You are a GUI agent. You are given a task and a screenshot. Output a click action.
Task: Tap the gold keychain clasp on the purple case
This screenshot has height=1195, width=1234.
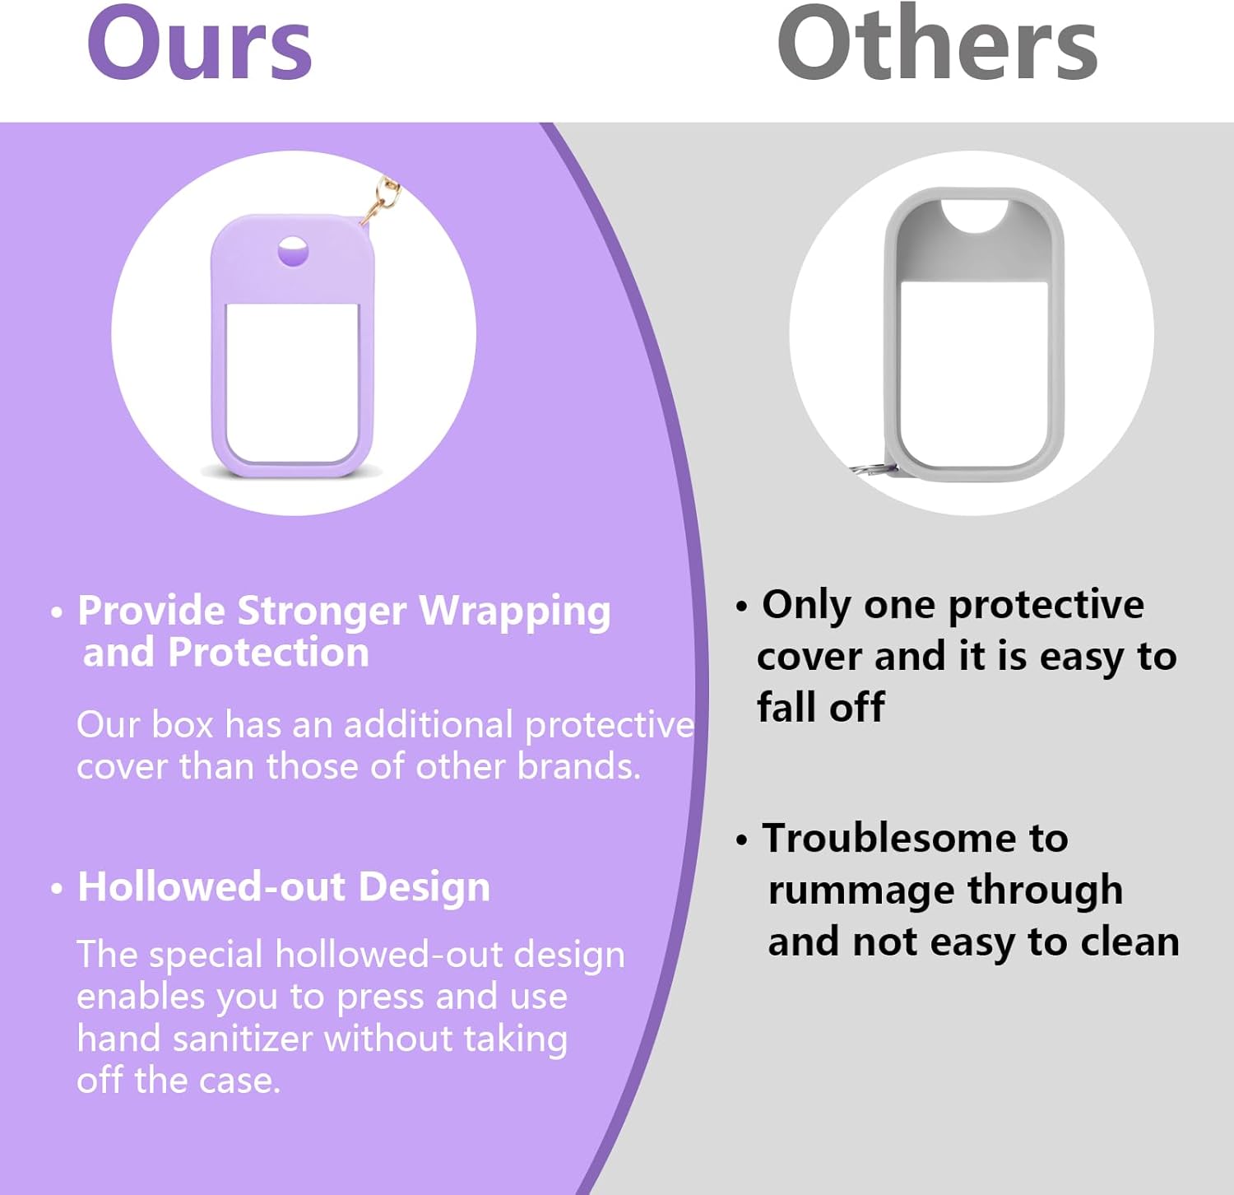380,200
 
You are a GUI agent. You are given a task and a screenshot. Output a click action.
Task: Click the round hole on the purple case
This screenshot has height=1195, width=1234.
293,252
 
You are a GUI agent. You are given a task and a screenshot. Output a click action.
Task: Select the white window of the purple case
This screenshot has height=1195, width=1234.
292,384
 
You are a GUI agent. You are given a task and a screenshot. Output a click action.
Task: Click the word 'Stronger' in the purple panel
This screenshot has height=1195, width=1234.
322,611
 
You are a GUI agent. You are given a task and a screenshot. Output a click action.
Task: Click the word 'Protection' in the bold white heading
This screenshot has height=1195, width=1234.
268,653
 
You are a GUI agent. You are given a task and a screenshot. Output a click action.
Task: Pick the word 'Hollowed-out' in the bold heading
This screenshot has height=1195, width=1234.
211,887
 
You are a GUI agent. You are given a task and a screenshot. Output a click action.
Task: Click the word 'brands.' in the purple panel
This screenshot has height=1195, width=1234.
579,766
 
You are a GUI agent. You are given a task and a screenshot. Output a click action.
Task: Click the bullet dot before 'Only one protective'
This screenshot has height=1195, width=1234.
742,607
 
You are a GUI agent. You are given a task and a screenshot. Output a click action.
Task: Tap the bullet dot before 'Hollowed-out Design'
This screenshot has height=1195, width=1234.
57,889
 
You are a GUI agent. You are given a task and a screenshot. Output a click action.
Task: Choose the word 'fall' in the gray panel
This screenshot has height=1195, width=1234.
786,707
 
